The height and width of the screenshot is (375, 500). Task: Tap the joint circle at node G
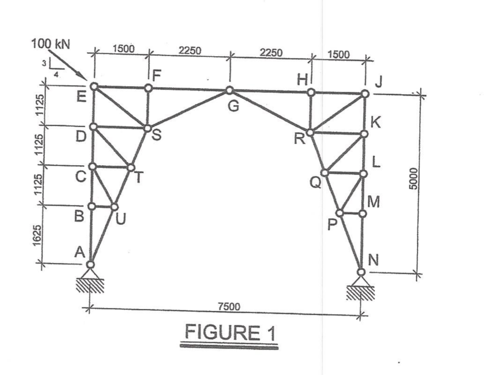click(x=229, y=91)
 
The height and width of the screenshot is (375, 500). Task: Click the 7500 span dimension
click(x=229, y=306)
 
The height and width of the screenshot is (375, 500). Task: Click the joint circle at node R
click(x=310, y=133)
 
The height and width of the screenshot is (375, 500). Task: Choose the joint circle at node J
click(x=364, y=94)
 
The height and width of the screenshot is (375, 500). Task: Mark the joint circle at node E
click(x=94, y=87)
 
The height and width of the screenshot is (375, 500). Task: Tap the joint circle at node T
click(x=131, y=168)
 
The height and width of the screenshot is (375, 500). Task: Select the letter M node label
click(x=374, y=202)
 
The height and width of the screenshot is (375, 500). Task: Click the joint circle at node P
click(x=339, y=213)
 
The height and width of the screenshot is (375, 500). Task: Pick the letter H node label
click(x=302, y=80)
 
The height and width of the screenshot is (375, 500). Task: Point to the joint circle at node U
click(x=115, y=206)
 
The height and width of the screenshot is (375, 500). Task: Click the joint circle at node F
click(x=148, y=88)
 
